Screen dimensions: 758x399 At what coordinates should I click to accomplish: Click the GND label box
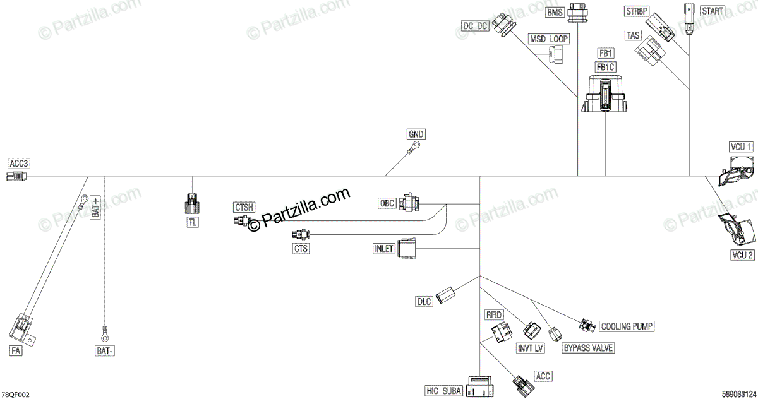pos(416,134)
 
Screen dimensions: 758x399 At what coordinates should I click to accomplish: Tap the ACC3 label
pos(18,164)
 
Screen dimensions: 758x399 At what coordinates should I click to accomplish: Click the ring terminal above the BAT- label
pos(104,329)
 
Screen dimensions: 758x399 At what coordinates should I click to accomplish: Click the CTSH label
pos(244,207)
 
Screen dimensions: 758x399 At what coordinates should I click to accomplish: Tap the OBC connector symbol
pos(411,203)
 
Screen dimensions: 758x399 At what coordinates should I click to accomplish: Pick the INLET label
pos(384,249)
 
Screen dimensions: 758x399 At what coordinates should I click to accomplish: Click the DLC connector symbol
pos(448,294)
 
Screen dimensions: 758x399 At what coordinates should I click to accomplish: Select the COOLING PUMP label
pos(626,326)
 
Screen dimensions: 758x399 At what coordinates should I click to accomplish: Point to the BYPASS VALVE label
pos(588,348)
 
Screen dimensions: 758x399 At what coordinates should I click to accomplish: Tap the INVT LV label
pos(531,348)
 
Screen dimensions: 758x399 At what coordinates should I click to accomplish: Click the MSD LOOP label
pos(549,39)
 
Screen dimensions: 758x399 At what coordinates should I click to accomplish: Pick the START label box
pos(712,11)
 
